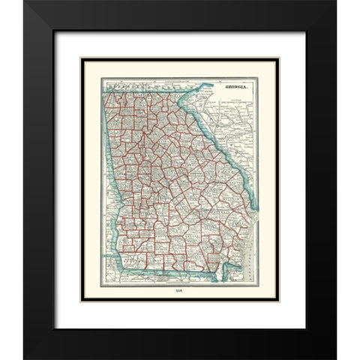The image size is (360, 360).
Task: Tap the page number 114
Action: (x=179, y=290)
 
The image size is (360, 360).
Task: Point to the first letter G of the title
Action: (x=218, y=88)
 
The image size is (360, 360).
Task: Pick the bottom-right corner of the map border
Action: (x=257, y=283)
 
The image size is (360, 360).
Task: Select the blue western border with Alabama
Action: (x=112, y=172)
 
